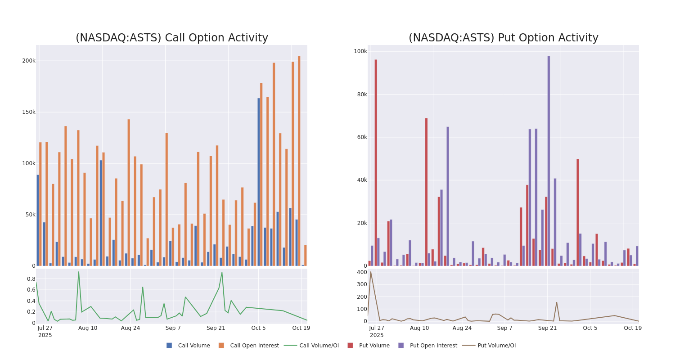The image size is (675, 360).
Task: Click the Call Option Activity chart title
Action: point(171,38)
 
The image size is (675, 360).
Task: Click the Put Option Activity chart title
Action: point(503,38)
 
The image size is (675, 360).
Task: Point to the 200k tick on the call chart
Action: point(29,61)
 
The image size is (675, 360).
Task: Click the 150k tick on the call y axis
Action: point(29,112)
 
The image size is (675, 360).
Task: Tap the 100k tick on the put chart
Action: point(360,51)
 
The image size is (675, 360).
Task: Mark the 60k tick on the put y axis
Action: point(362,137)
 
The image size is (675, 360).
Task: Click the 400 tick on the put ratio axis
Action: point(362,272)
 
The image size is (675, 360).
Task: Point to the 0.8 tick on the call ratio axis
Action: point(31,279)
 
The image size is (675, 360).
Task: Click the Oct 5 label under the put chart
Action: point(590,328)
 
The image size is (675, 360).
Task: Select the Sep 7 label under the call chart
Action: point(173,328)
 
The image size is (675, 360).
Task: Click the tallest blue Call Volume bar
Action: point(259,182)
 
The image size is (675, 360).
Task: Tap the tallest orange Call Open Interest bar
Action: point(299,161)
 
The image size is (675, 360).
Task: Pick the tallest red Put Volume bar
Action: point(376,162)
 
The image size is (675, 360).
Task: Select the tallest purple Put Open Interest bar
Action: point(549,161)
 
